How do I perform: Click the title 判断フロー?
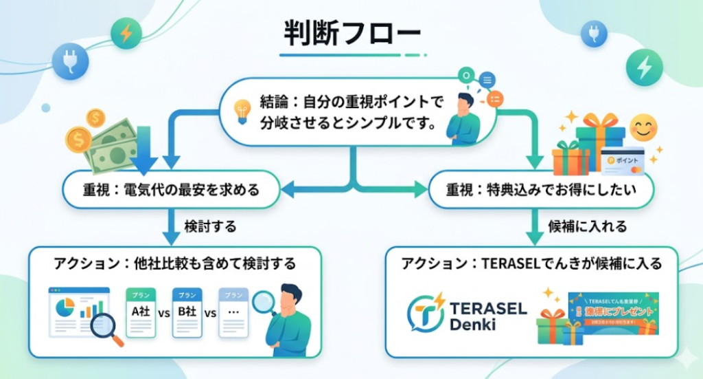pyautogui.click(x=351, y=34)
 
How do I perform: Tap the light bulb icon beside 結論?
pyautogui.click(x=241, y=111)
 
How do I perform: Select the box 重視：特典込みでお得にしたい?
pyautogui.click(x=541, y=189)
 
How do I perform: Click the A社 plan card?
pyautogui.click(x=141, y=311)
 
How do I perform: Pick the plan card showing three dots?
pyautogui.click(x=233, y=312)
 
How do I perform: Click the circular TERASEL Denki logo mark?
pyautogui.click(x=426, y=313)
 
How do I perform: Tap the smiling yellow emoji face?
pyautogui.click(x=643, y=128)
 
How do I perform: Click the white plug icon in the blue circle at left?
pyautogui.click(x=70, y=59)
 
